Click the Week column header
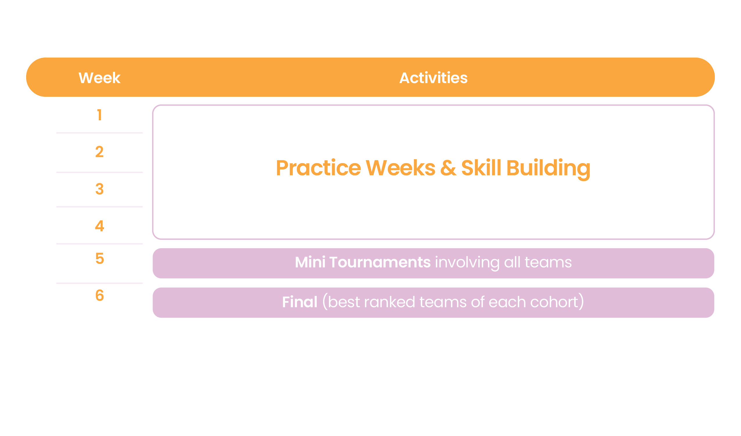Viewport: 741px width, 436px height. (99, 78)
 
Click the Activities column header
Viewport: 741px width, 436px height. (433, 78)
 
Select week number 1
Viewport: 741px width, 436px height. (100, 115)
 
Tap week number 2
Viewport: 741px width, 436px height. (99, 152)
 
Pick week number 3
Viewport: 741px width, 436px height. (99, 189)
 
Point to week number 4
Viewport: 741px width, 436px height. (99, 226)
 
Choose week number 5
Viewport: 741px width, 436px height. (99, 259)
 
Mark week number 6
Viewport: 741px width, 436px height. (99, 295)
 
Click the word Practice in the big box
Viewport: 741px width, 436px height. (318, 168)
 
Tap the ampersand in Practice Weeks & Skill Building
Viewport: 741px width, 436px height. (448, 168)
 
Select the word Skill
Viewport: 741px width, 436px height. (481, 168)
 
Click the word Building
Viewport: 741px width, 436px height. (548, 168)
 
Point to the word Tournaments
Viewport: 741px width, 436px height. (380, 262)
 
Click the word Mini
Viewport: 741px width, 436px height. (310, 262)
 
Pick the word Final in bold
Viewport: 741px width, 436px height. (300, 302)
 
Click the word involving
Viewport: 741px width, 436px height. (467, 262)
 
